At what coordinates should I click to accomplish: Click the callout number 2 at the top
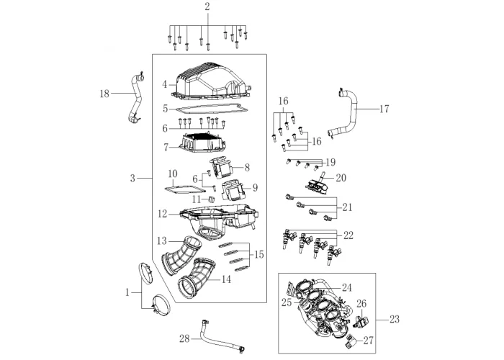[x=207, y=7]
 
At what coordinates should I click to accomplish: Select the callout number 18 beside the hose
[x=105, y=93]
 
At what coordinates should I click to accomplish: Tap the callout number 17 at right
[x=384, y=109]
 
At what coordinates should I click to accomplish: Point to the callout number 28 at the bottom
[x=184, y=338]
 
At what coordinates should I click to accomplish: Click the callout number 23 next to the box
[x=393, y=318]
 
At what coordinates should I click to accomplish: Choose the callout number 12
[x=163, y=214]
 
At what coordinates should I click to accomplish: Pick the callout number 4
[x=165, y=84]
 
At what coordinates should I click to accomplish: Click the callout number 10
[x=172, y=174]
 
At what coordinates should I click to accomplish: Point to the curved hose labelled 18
[x=135, y=101]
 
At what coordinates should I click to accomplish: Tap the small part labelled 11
[x=212, y=199]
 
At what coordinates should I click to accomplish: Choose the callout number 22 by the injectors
[x=348, y=235]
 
